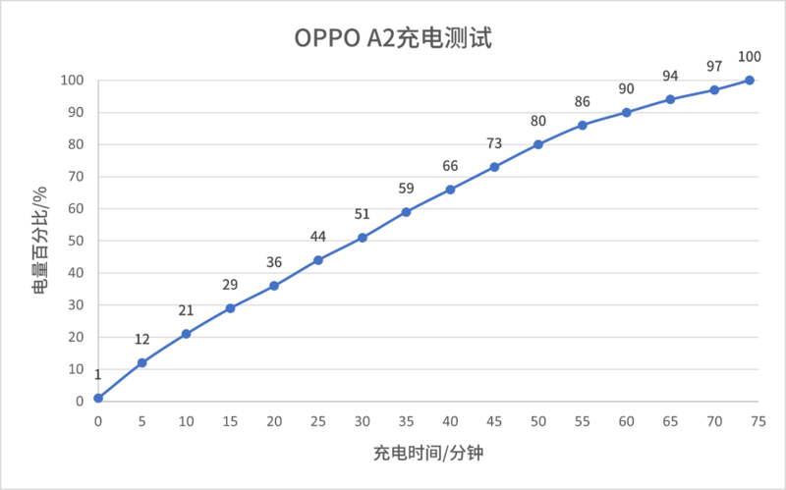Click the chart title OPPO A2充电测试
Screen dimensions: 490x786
(x=393, y=38)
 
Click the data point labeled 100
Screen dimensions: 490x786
(x=750, y=80)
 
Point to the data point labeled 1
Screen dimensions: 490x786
(x=98, y=398)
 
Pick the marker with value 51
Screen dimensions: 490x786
(x=363, y=238)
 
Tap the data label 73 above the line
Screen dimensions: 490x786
(x=494, y=144)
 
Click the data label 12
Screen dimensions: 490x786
(x=141, y=340)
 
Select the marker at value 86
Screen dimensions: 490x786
(x=583, y=125)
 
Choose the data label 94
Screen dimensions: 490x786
(x=671, y=77)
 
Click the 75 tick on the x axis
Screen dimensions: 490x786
(x=758, y=420)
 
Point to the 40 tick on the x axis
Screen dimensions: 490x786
(x=450, y=420)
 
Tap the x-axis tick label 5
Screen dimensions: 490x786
(x=142, y=420)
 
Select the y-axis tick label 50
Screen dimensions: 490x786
(x=74, y=241)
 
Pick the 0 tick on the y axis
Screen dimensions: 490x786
(x=78, y=401)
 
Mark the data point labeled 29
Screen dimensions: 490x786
(x=230, y=308)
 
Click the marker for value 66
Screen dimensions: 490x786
(x=450, y=190)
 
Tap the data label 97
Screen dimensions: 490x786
(x=714, y=67)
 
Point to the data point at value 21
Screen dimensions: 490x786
(x=186, y=334)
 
